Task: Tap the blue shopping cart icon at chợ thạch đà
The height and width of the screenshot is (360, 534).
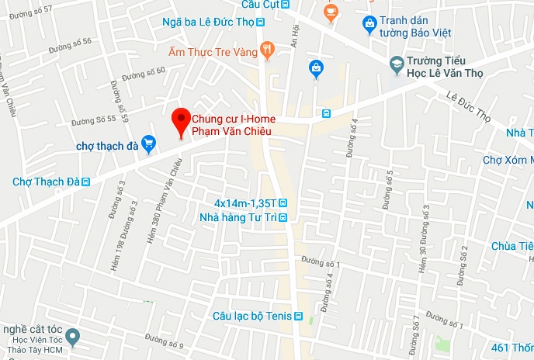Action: pyautogui.click(x=150, y=143)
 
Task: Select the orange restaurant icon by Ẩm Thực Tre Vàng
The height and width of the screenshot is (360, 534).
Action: pyautogui.click(x=267, y=51)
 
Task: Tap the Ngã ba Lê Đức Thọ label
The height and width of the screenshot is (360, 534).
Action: pyautogui.click(x=208, y=22)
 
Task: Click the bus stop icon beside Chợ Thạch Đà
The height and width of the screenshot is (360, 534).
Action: pyautogui.click(x=86, y=182)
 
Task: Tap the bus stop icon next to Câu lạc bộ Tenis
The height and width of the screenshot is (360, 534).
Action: pyautogui.click(x=310, y=317)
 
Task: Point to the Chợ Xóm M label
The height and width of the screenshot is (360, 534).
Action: pyautogui.click(x=508, y=160)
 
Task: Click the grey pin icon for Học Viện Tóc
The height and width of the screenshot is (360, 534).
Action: pyautogui.click(x=73, y=337)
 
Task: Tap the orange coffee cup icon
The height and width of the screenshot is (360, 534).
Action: pyautogui.click(x=331, y=12)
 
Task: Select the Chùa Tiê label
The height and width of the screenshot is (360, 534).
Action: pyautogui.click(x=512, y=246)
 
